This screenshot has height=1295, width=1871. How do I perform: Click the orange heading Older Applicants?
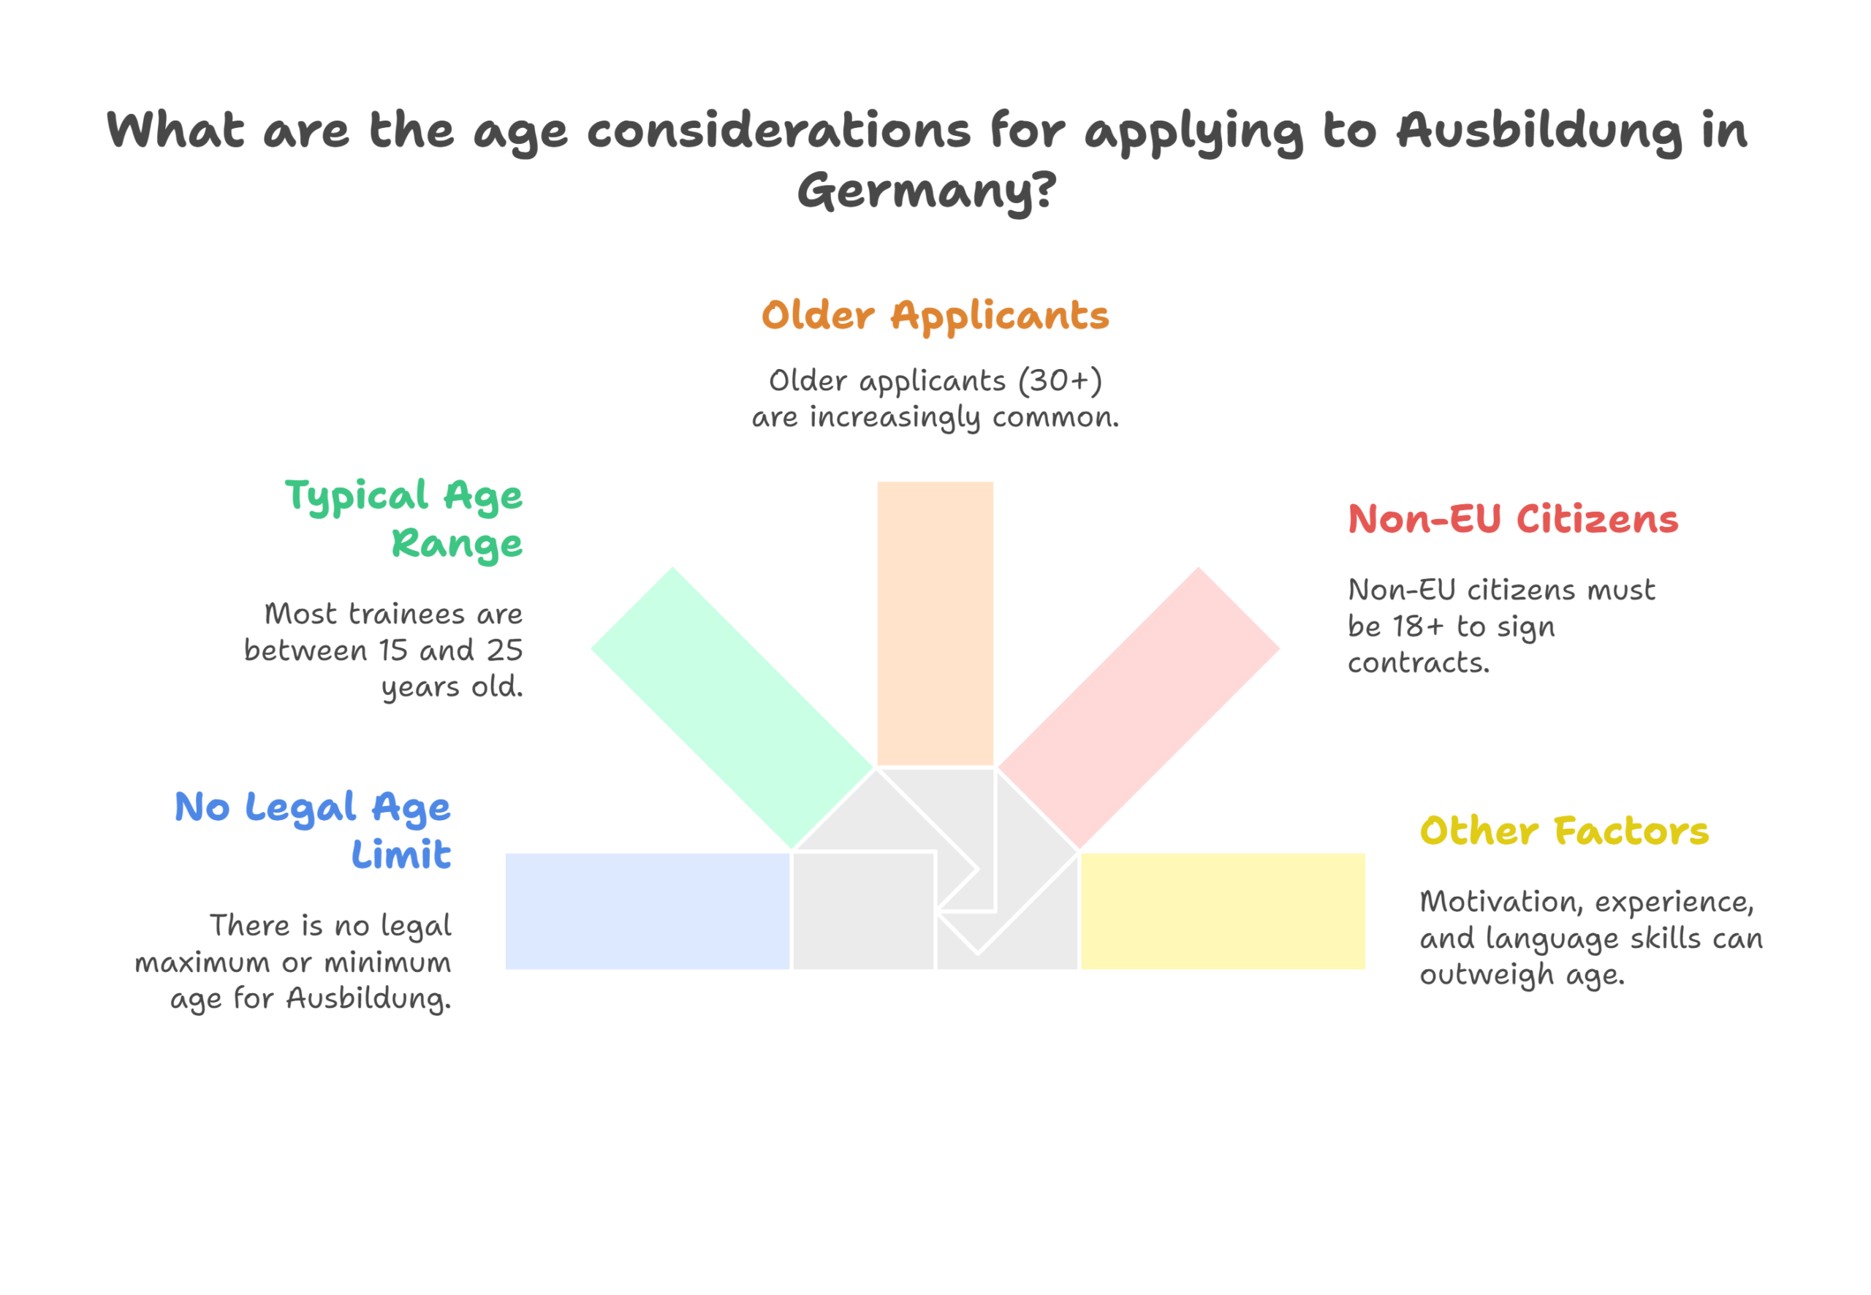(x=935, y=316)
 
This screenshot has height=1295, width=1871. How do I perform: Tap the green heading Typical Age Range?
(x=403, y=520)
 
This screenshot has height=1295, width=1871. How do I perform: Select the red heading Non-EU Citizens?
(x=1513, y=520)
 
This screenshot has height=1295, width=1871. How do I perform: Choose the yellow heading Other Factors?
(x=1564, y=831)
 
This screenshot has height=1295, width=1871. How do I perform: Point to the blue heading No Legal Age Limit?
(x=312, y=830)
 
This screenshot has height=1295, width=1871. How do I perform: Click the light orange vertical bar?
(x=935, y=623)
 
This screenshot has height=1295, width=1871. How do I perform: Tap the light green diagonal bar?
(x=732, y=707)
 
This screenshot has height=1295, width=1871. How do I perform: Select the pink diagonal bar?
(x=1139, y=707)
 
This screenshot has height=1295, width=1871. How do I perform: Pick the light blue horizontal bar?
(x=648, y=911)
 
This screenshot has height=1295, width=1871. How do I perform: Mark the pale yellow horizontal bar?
(x=1223, y=911)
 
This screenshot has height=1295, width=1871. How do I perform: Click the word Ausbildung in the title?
(x=1540, y=132)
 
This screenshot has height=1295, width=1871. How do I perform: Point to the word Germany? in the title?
(x=927, y=191)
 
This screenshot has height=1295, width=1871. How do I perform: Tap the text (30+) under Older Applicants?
(x=1060, y=381)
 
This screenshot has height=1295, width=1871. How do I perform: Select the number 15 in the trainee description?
(x=393, y=650)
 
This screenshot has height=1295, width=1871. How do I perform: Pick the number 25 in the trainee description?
(x=505, y=650)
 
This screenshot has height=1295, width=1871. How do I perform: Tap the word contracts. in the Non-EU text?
(x=1419, y=664)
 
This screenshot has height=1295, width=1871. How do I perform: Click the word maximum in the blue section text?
(x=202, y=963)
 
